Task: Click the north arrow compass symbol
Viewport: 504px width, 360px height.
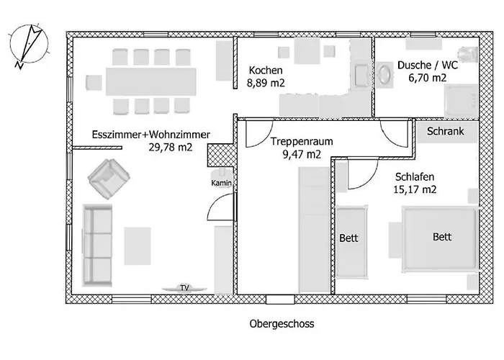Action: click(x=30, y=45)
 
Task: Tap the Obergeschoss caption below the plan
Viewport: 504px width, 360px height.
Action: click(x=282, y=324)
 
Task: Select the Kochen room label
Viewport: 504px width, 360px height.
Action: click(x=266, y=71)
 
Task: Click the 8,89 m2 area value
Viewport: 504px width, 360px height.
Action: click(x=266, y=83)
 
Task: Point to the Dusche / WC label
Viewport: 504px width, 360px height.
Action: click(x=428, y=66)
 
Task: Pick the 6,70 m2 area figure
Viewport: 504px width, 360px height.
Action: click(x=427, y=78)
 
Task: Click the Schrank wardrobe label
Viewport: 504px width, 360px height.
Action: click(x=445, y=131)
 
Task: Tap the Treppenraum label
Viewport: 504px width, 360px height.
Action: click(x=301, y=141)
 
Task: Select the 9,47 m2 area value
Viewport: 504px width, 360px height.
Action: click(x=302, y=154)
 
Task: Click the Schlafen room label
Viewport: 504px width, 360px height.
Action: click(x=415, y=177)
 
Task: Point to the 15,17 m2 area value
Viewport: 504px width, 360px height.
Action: click(x=415, y=189)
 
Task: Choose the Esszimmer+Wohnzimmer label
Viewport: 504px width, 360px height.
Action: click(x=151, y=135)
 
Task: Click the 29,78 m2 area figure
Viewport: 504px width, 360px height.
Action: click(x=171, y=147)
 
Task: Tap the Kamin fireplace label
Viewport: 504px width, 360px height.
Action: click(x=221, y=183)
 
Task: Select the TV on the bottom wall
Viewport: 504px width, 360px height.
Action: click(x=184, y=288)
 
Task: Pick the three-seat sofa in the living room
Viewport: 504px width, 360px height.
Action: click(x=97, y=246)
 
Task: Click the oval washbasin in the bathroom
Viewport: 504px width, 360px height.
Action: click(x=384, y=75)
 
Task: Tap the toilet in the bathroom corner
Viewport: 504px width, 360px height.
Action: click(x=468, y=54)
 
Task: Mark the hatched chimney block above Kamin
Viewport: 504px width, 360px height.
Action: click(x=220, y=156)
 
